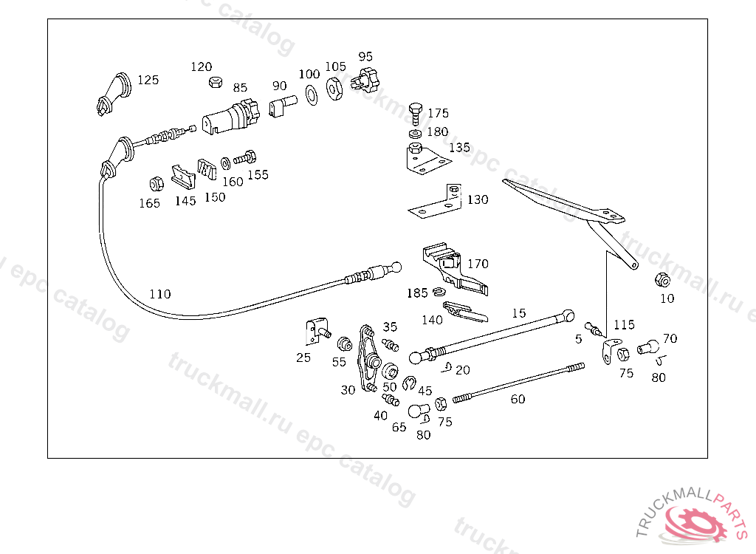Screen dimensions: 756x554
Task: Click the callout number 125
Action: [148, 80]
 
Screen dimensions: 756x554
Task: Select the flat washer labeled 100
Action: [312, 95]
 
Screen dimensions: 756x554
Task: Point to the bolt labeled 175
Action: [415, 114]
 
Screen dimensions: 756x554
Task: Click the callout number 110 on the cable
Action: [160, 294]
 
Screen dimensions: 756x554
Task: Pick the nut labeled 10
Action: [662, 279]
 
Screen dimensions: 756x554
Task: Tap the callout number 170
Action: [478, 264]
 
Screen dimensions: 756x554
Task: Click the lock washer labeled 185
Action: [439, 292]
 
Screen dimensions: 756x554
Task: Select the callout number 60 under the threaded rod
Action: [518, 399]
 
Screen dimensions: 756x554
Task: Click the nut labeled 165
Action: [157, 184]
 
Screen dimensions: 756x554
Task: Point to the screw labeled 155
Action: [245, 158]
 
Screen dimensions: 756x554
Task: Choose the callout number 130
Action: [478, 199]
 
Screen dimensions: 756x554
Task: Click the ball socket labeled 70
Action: [648, 346]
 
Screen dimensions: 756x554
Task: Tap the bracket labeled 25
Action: [317, 331]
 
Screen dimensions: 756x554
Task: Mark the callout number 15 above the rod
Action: [519, 313]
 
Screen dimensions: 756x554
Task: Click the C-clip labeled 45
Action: [409, 383]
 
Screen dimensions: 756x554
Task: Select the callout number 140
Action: [432, 320]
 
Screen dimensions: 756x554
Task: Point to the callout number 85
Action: [240, 88]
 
